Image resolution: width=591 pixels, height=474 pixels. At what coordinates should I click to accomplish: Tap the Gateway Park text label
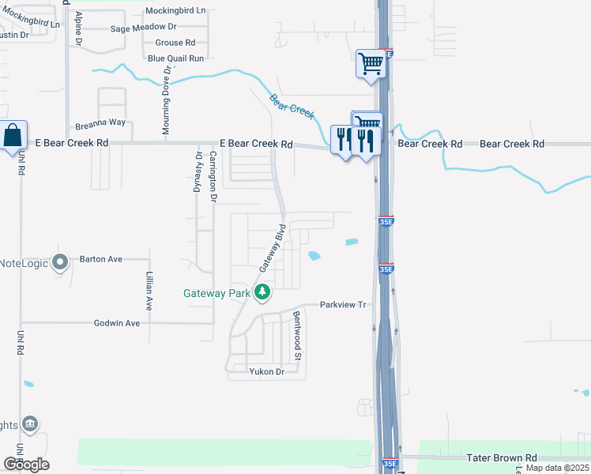click(x=216, y=293)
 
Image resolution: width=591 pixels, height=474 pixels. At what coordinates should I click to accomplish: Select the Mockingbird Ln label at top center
click(x=175, y=11)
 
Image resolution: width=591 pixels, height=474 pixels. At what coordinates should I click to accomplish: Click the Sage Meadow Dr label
click(x=143, y=28)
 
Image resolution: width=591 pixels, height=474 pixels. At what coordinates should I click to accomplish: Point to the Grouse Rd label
click(x=175, y=43)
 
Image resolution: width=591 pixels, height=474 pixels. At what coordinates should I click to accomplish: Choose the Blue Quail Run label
click(x=175, y=58)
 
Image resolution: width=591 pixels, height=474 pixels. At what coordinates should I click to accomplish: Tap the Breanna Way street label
click(x=100, y=123)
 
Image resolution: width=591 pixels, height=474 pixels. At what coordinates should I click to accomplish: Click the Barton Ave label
click(x=101, y=259)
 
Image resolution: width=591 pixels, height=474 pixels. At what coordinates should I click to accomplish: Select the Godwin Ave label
click(x=117, y=323)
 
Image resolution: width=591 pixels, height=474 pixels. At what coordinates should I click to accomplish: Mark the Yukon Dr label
click(x=266, y=371)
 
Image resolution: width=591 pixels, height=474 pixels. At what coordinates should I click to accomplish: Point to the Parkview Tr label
click(x=344, y=305)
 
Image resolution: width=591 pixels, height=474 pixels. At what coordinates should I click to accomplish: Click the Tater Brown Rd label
click(x=502, y=457)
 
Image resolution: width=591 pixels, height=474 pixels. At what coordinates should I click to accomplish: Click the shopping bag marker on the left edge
click(x=14, y=136)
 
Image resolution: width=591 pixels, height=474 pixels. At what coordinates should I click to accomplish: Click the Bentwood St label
click(x=298, y=336)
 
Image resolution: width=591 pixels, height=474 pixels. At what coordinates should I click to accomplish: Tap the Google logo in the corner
click(x=26, y=465)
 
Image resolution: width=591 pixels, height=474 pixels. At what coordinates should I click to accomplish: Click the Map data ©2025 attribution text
click(x=558, y=468)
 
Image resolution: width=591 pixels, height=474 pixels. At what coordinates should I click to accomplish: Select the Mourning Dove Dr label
click(x=167, y=100)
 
